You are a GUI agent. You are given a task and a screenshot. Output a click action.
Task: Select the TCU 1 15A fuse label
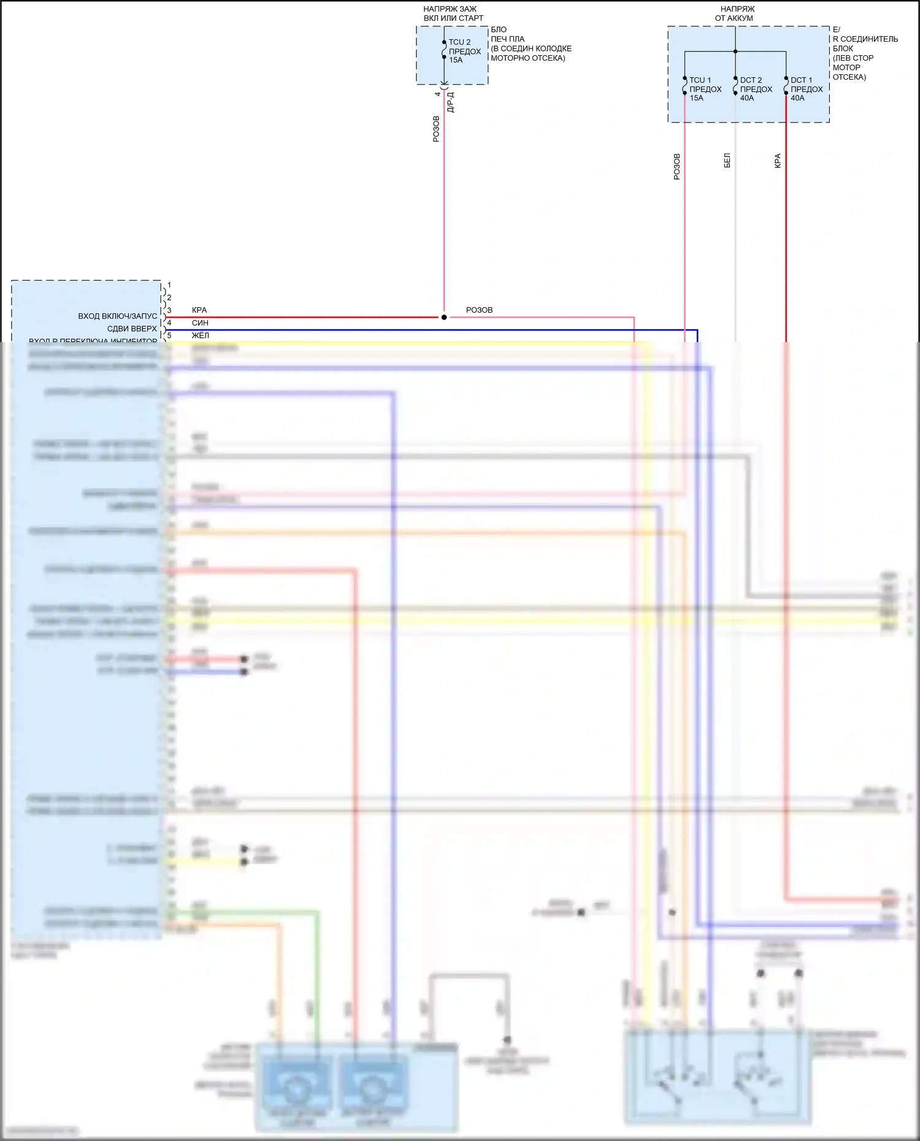[705, 89]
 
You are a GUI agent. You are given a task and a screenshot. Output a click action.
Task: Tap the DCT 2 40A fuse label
[756, 89]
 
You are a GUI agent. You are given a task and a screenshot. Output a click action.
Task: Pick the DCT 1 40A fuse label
[806, 89]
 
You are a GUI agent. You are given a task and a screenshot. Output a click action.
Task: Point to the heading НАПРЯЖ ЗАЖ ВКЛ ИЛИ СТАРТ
[453, 13]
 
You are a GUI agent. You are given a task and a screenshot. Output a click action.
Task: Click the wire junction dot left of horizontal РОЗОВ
[444, 317]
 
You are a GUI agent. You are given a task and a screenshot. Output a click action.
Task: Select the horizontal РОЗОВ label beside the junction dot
[479, 310]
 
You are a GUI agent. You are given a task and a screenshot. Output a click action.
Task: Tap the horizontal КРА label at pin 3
[199, 310]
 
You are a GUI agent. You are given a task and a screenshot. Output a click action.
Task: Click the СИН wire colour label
[200, 323]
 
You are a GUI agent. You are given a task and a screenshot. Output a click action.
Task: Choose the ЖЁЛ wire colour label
[200, 335]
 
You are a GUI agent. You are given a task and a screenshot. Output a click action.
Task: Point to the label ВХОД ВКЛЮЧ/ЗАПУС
[117, 316]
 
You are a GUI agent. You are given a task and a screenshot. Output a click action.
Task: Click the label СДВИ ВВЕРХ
[132, 329]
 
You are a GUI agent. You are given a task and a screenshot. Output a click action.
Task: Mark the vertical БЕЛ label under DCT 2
[727, 161]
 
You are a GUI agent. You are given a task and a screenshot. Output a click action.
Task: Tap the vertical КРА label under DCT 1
[778, 161]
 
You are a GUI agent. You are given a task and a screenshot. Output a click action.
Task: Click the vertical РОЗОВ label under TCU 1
[677, 166]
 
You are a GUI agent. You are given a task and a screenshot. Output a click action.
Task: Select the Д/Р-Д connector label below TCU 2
[451, 102]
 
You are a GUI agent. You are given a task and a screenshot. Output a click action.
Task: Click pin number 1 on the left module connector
[169, 285]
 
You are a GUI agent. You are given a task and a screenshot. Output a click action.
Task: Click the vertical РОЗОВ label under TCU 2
[436, 129]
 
